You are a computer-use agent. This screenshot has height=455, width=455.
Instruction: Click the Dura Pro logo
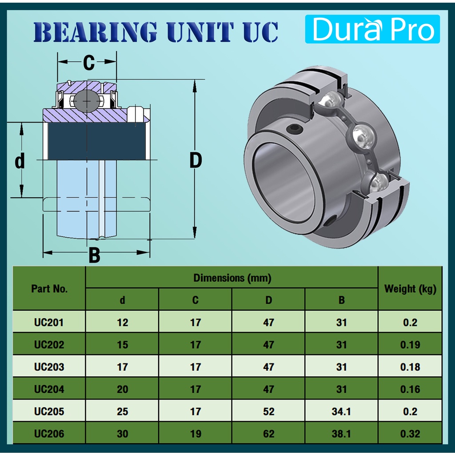pyautogui.click(x=372, y=29)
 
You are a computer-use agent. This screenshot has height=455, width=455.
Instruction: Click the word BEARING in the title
pyautogui.click(x=96, y=32)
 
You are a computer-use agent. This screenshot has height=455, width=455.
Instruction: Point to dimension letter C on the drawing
pyautogui.click(x=89, y=62)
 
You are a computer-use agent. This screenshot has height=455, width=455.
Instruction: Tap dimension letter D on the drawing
pyautogui.click(x=196, y=160)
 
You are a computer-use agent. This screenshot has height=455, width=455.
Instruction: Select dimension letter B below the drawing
pyautogui.click(x=94, y=255)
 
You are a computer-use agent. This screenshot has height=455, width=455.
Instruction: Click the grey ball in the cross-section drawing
pyautogui.click(x=87, y=101)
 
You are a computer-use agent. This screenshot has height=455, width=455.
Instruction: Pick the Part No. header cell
pyautogui.click(x=49, y=289)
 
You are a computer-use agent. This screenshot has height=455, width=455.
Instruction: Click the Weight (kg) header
pyautogui.click(x=410, y=289)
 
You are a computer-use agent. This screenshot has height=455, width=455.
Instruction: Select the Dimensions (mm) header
pyautogui.click(x=232, y=278)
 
